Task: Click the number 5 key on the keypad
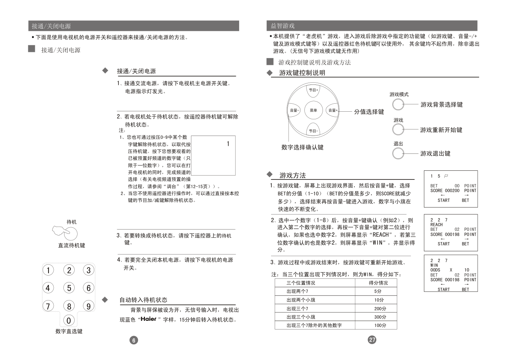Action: click(69, 288)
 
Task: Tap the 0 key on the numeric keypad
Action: click(69, 320)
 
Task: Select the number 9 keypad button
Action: click(88, 306)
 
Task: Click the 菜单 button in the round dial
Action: click(313, 110)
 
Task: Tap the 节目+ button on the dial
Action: click(313, 90)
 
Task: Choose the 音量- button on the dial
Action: click(294, 110)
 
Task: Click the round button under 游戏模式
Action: click(398, 104)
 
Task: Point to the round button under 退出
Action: click(398, 153)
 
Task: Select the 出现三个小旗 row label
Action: click(301, 317)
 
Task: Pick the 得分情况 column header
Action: click(378, 283)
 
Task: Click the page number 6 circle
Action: click(134, 340)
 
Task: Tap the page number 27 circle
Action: click(372, 340)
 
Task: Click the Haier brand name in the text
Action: click(148, 319)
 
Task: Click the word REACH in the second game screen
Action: click(436, 224)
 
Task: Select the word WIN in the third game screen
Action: click(434, 265)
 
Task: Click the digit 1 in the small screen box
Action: click(228, 144)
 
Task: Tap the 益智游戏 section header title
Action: click(283, 26)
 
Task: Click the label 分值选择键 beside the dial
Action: click(369, 112)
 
